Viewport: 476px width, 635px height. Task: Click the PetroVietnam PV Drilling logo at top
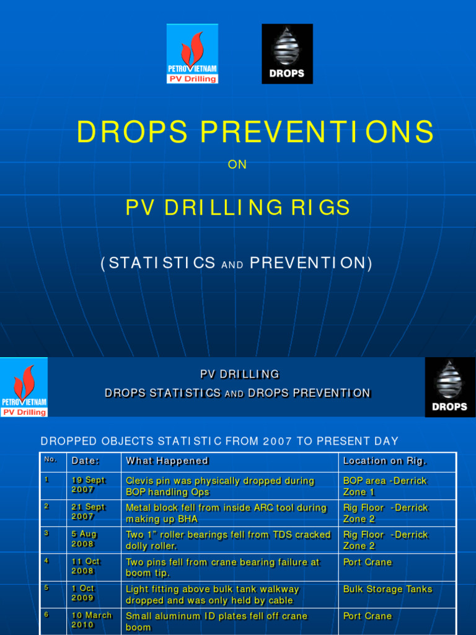click(192, 54)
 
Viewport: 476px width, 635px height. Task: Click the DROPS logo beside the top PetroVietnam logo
click(287, 54)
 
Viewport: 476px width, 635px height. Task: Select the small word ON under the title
click(237, 165)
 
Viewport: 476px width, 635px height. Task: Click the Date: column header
click(86, 461)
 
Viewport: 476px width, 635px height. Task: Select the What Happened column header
click(167, 461)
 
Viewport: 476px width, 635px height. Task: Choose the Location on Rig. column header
click(384, 461)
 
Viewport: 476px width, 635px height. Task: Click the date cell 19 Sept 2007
click(88, 485)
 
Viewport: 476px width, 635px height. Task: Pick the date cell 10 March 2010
click(91, 620)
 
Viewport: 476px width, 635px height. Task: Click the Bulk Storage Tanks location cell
click(387, 589)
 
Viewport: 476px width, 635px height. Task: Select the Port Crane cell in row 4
click(368, 562)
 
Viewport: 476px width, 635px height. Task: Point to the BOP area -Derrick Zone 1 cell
click(385, 486)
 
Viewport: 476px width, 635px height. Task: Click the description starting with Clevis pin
click(220, 486)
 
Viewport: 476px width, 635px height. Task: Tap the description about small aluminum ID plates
click(216, 621)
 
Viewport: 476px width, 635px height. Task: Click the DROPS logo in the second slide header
click(450, 387)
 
